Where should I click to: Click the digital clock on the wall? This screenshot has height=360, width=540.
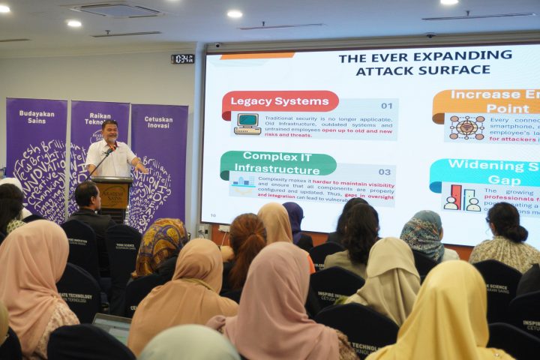pyautogui.click(x=182, y=58)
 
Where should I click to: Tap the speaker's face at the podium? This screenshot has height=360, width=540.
pyautogui.click(x=110, y=132)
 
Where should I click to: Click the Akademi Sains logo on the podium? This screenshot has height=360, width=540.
pyautogui.click(x=115, y=193)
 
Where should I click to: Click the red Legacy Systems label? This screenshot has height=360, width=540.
pyautogui.click(x=280, y=101)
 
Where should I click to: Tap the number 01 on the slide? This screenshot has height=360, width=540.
pyautogui.click(x=386, y=106)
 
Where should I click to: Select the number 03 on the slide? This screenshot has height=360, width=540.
pyautogui.click(x=384, y=172)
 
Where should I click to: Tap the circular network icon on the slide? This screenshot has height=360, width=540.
pyautogui.click(x=466, y=127)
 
